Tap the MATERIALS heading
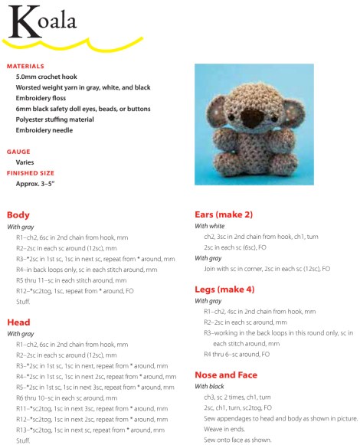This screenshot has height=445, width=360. (25, 66)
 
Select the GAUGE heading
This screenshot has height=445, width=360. (18, 152)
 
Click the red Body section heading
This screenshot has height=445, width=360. (18, 214)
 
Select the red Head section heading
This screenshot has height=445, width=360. (18, 322)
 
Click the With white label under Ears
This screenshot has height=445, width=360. (211, 226)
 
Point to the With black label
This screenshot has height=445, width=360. (211, 386)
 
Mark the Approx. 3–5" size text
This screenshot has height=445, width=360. (36, 184)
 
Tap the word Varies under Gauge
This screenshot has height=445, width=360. (25, 162)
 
